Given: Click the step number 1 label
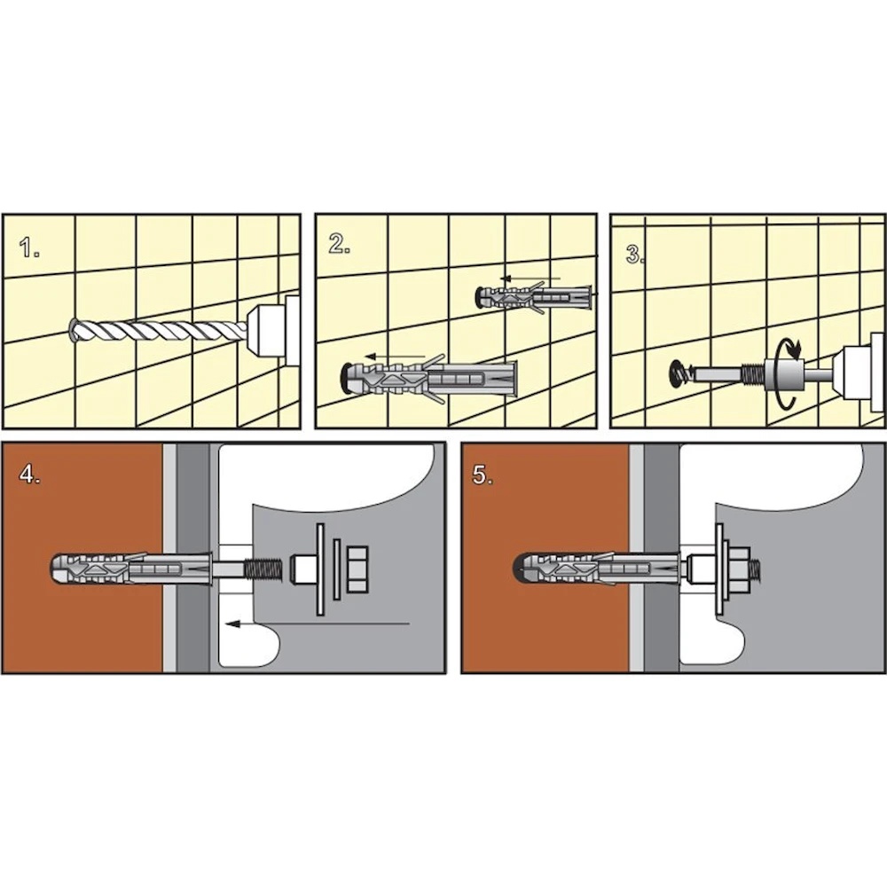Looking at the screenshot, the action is click(29, 247).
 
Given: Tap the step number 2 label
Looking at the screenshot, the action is click(339, 243).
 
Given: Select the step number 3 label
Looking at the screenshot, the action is click(635, 254).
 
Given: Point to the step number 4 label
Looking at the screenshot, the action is click(29, 474).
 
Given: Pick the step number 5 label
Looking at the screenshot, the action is click(482, 475).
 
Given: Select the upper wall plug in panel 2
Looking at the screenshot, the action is click(534, 296).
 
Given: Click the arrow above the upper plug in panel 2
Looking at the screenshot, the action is click(530, 279).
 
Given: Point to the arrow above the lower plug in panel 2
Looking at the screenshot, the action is click(396, 357).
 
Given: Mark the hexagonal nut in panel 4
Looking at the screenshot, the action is click(357, 569).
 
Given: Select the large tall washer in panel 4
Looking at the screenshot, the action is click(321, 569).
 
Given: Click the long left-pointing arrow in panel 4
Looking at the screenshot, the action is click(317, 624).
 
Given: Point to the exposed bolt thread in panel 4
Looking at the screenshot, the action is click(264, 569).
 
